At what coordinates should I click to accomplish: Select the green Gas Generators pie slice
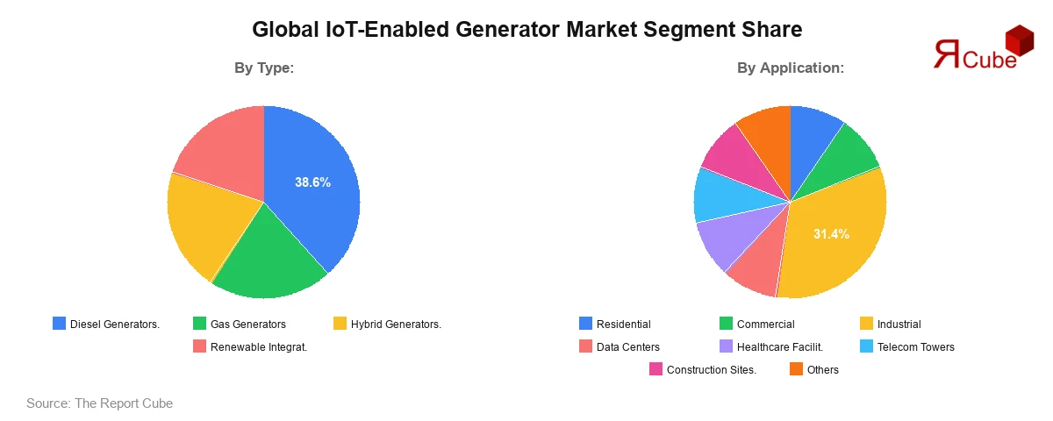click(268, 259)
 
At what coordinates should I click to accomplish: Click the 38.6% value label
click(312, 182)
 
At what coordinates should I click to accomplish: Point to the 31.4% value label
click(831, 233)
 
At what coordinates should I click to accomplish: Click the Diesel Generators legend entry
click(106, 325)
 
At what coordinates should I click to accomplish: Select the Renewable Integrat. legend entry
click(249, 347)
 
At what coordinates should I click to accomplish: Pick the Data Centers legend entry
click(619, 347)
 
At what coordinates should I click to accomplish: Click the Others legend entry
click(813, 370)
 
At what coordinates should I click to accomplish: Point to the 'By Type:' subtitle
click(263, 68)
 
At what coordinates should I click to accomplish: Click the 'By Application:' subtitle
click(790, 68)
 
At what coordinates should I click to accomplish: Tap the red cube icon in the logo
click(1020, 39)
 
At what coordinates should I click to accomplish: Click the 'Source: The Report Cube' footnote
click(99, 403)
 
